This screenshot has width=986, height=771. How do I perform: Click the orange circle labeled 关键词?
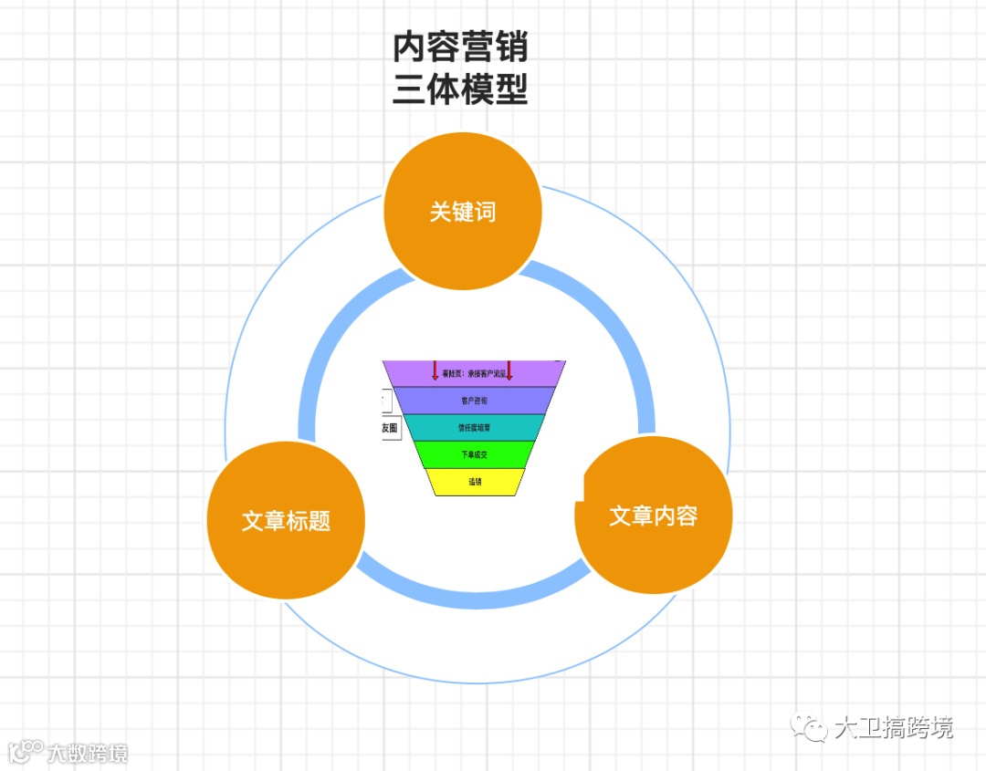click(463, 212)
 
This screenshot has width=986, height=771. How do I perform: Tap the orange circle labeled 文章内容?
click(654, 516)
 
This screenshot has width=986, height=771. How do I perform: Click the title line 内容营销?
click(460, 47)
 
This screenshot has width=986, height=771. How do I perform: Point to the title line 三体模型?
click(460, 89)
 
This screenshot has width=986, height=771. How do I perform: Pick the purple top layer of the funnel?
click(473, 373)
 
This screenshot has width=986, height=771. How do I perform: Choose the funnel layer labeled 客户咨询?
click(473, 401)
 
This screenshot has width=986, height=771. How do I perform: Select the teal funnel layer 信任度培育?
click(473, 427)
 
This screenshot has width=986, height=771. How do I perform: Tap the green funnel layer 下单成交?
click(473, 454)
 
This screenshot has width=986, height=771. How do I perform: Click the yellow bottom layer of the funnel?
click(475, 482)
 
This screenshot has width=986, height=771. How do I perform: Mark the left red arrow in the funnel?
click(435, 370)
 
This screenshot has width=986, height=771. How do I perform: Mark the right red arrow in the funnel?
click(509, 370)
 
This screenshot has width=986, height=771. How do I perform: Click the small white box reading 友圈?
click(390, 428)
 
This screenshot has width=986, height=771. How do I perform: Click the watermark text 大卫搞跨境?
click(893, 728)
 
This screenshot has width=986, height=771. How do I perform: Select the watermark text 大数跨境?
click(88, 753)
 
